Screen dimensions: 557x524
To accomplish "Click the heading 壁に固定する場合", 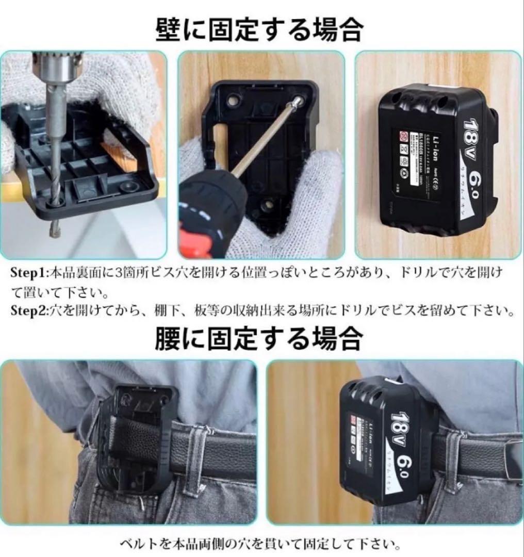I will click(259, 30).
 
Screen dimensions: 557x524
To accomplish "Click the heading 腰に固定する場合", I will click(259, 339).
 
